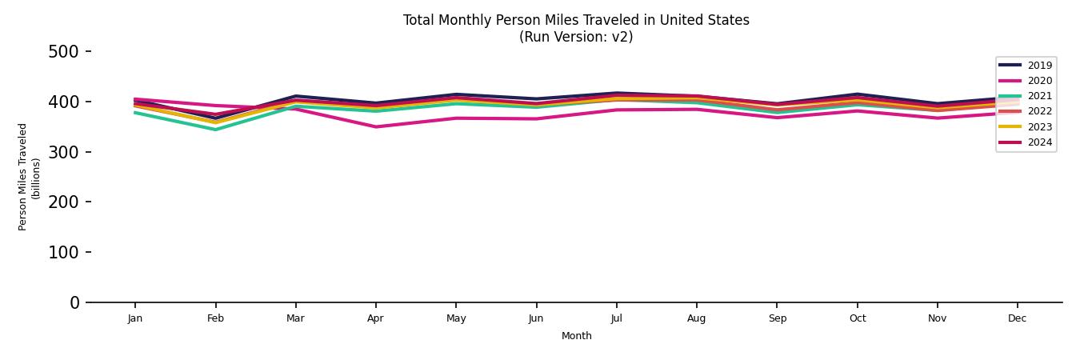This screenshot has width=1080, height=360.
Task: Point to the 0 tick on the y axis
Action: point(74,302)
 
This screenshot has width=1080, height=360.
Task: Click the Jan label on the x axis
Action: point(134,318)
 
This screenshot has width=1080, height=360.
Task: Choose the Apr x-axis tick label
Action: point(375,318)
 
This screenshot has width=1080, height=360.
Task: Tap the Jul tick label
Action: point(616,318)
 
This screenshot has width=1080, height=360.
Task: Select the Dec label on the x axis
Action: point(1017,318)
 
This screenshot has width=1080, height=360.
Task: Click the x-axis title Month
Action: point(576,336)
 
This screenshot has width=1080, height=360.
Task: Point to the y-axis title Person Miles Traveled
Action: point(23,177)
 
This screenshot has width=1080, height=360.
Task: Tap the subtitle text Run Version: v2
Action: point(576,37)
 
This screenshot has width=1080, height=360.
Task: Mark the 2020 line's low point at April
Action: point(375,126)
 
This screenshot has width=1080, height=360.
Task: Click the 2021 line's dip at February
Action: point(215,130)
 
